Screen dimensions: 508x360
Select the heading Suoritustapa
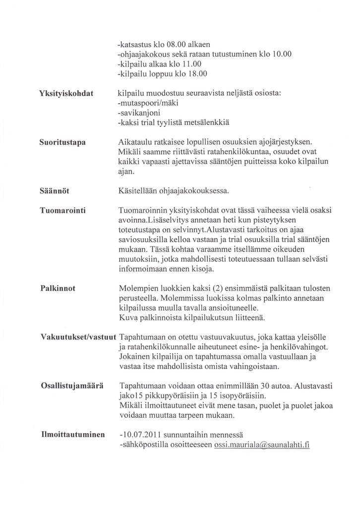(x=62, y=142)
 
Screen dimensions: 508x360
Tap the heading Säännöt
(x=54, y=190)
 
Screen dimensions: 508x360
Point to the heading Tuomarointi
(x=63, y=210)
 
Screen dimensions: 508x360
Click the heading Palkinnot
(x=58, y=288)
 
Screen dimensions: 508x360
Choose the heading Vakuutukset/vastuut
(x=78, y=336)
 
